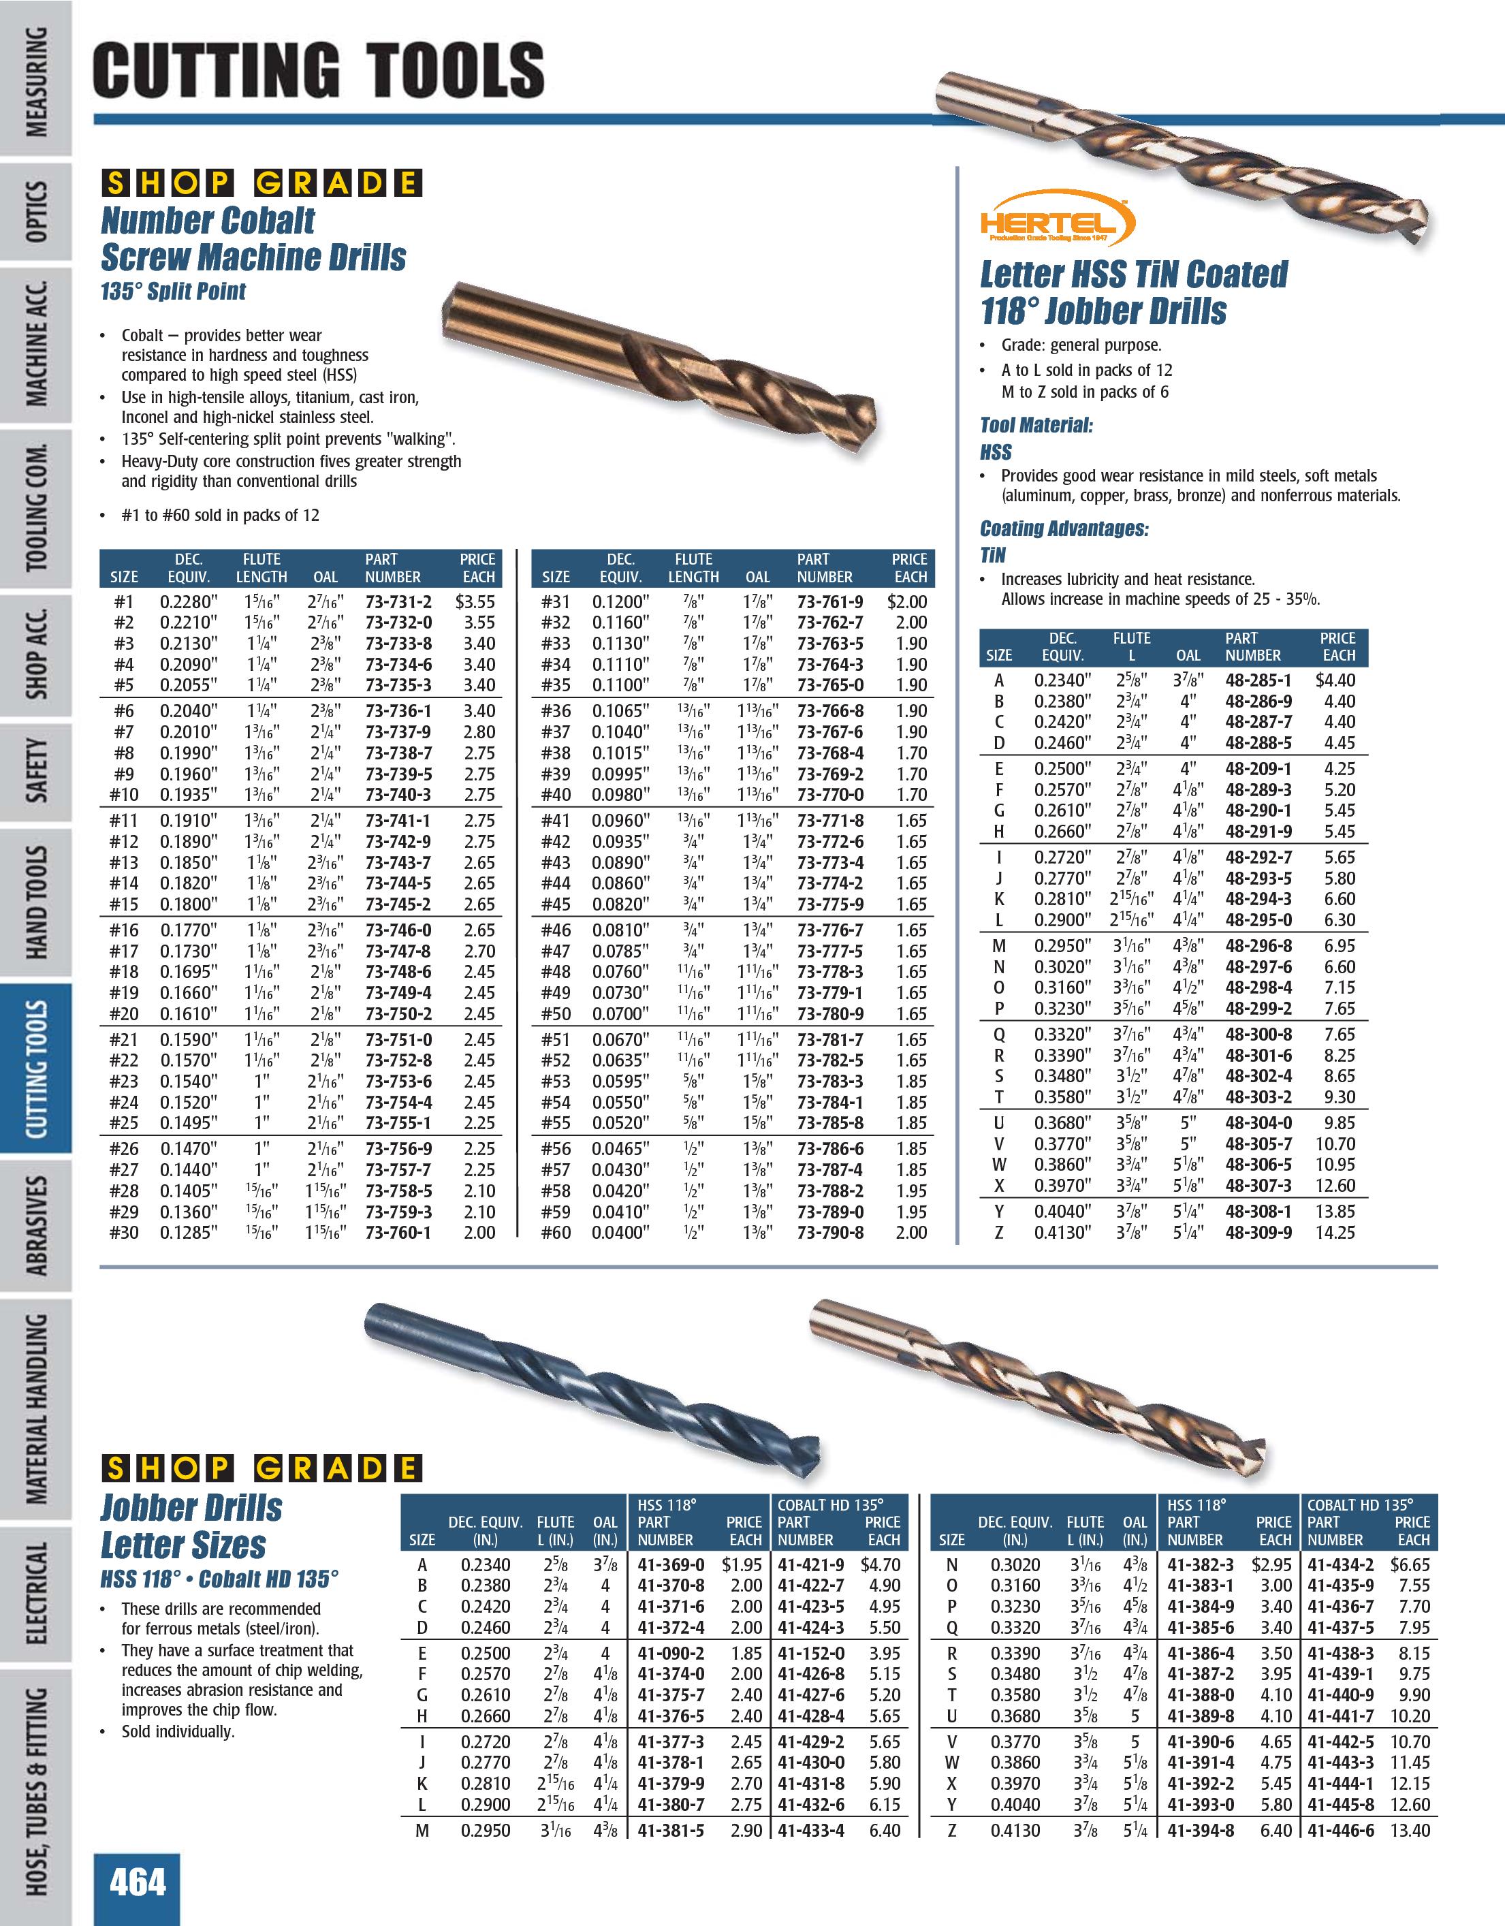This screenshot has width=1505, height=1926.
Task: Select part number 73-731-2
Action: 398,601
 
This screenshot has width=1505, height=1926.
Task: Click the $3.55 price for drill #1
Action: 476,601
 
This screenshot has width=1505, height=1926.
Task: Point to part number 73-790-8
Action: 831,1233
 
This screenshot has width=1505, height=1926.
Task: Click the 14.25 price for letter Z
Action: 1335,1233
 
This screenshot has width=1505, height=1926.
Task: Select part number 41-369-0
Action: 671,1565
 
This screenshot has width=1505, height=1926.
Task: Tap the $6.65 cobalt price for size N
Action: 1410,1565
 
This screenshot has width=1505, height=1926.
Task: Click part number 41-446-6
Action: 1341,1830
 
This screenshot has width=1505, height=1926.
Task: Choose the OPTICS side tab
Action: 37,212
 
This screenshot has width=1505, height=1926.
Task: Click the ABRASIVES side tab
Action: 37,1226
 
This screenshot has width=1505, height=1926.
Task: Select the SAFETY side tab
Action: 37,772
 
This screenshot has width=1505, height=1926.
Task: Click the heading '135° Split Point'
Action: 174,291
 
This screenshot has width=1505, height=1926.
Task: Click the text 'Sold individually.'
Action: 178,1731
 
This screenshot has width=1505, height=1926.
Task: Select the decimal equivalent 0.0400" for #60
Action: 620,1233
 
